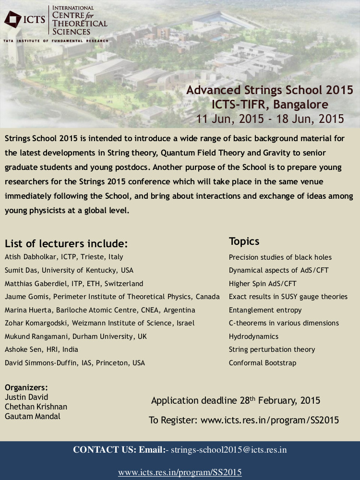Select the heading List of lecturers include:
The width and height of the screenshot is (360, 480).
[66, 243]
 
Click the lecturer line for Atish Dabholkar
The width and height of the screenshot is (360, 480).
[64, 257]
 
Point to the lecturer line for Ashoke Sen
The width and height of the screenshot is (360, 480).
[41, 349]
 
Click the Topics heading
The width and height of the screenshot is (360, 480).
[244, 241]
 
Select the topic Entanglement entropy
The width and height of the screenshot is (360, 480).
[265, 310]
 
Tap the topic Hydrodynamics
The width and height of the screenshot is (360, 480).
[253, 336]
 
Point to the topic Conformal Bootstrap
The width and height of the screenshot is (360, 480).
[262, 363]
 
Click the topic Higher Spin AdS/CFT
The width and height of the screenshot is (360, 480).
[263, 284]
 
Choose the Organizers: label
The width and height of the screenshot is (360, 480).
[26, 387]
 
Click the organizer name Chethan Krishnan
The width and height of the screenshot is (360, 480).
[36, 407]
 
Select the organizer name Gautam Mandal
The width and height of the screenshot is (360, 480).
[33, 416]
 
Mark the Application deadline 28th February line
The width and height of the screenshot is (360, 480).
[236, 400]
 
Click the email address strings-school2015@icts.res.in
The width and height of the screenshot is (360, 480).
[229, 450]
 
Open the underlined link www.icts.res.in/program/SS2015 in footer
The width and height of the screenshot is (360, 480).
[180, 472]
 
